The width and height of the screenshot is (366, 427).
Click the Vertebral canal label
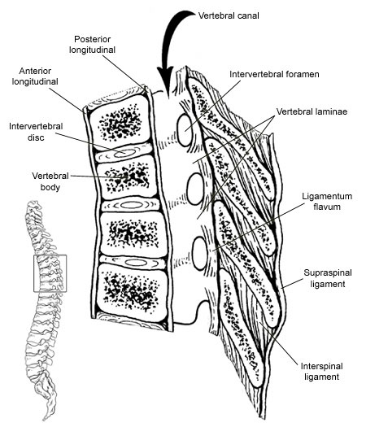[229, 15]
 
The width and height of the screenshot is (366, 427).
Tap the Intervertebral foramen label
[274, 74]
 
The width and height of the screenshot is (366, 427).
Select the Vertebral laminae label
[312, 111]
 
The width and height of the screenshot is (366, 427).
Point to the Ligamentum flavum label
[327, 201]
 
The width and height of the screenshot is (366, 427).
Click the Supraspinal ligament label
[328, 278]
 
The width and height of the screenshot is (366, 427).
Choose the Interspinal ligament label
[321, 372]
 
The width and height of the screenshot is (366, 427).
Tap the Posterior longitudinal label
[92, 45]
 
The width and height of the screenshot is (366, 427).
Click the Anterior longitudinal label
[35, 76]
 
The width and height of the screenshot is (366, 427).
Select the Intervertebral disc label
[36, 132]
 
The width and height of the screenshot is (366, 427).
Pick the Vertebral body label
[50, 181]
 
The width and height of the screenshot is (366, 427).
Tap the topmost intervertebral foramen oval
[185, 130]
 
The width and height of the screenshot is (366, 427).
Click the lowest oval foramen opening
[200, 254]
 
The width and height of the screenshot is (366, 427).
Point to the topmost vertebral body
[120, 122]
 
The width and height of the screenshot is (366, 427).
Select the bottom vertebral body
[132, 292]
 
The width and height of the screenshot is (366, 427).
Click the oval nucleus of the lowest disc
[136, 263]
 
